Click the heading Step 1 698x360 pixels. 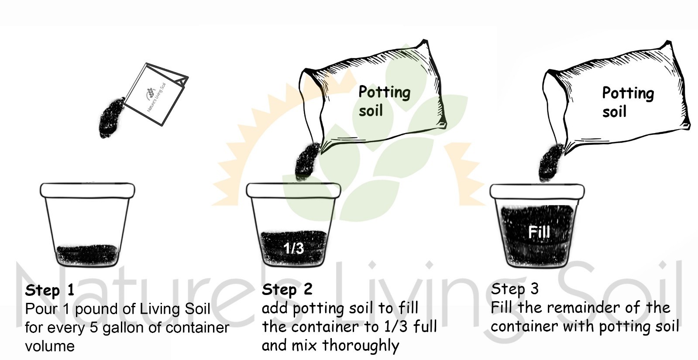pos(49,290)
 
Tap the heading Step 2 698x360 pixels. pos(287,289)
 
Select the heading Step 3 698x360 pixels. pos(515,289)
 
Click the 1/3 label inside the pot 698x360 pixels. pos(293,248)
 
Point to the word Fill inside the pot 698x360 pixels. pos(539,232)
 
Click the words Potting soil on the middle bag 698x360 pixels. pos(383,101)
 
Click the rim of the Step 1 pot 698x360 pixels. pos(87,190)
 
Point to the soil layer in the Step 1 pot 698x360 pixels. pos(87,255)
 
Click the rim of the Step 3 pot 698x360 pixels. pos(537,191)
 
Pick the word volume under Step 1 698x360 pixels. pos(50,346)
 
